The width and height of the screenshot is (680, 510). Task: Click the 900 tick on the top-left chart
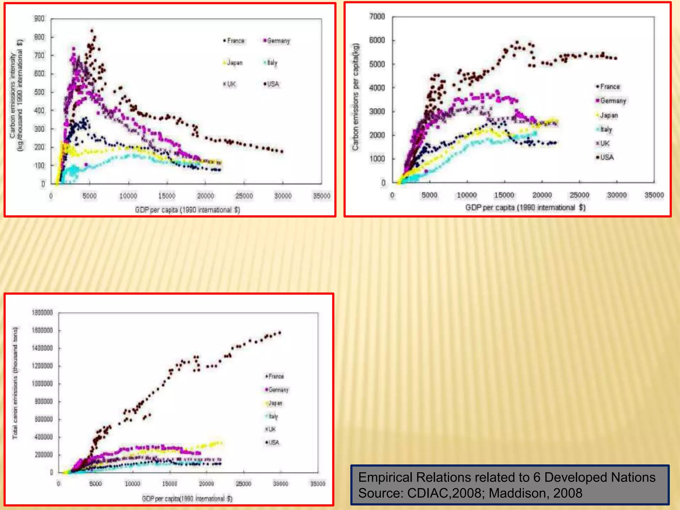click(x=39, y=19)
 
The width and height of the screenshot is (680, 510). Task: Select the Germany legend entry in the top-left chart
click(x=276, y=41)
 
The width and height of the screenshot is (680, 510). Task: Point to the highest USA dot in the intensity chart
click(x=92, y=31)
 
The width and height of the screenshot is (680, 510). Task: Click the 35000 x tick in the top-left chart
click(x=321, y=196)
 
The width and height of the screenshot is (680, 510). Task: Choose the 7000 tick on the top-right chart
click(x=377, y=17)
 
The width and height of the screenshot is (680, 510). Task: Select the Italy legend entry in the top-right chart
click(x=604, y=129)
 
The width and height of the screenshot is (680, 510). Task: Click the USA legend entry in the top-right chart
click(x=605, y=157)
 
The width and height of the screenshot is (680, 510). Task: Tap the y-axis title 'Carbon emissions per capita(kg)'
click(x=356, y=97)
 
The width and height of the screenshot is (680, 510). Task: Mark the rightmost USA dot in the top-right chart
click(x=616, y=58)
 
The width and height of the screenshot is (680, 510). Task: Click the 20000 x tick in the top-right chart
click(x=542, y=195)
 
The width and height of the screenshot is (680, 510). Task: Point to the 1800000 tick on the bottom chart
click(x=42, y=313)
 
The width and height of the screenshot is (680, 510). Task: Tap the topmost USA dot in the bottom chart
click(x=280, y=332)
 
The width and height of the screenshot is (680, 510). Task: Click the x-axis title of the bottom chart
click(x=187, y=498)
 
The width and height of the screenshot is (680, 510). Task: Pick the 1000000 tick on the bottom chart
click(x=42, y=384)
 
